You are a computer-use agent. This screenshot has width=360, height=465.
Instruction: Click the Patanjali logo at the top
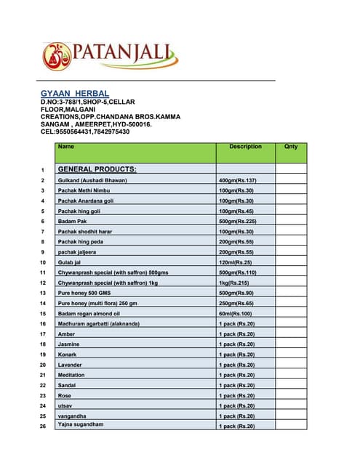[x=109, y=54]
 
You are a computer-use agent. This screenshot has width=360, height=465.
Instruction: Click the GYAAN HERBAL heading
[x=75, y=94]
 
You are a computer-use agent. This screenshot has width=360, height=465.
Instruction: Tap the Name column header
[x=66, y=147]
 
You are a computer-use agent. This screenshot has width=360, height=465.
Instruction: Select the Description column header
[x=245, y=147]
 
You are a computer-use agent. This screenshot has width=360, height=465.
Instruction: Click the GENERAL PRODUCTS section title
[x=97, y=169]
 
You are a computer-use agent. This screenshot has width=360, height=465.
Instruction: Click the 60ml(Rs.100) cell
[x=235, y=313]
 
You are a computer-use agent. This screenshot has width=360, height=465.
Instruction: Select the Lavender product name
[x=71, y=364]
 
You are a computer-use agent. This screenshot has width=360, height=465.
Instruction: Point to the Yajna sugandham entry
[x=81, y=424]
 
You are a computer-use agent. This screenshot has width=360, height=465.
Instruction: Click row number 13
[x=43, y=293]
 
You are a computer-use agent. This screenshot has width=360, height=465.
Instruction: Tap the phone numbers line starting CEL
[x=85, y=132]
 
